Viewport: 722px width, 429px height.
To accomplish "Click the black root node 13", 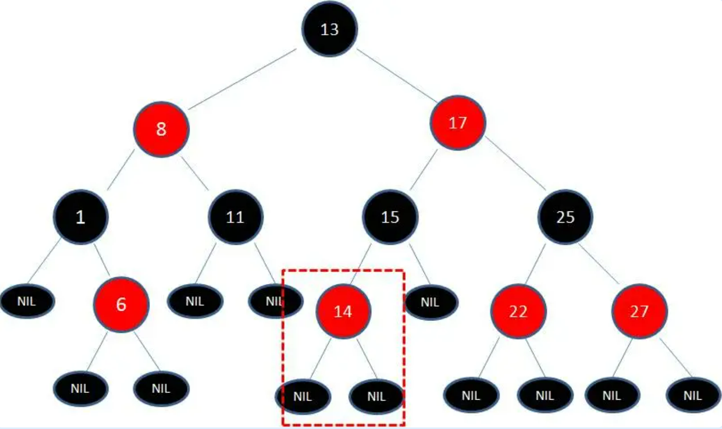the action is [x=330, y=29].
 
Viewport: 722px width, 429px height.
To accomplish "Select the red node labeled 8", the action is [x=161, y=129].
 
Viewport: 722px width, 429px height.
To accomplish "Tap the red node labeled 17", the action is [x=457, y=123].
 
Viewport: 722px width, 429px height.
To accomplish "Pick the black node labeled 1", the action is [x=81, y=217].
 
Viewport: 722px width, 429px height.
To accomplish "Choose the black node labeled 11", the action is [x=235, y=217].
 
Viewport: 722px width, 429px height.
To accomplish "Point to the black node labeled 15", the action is [x=390, y=217].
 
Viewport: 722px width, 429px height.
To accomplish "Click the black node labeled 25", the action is [x=565, y=217].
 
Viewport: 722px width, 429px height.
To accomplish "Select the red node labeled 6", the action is [x=121, y=304].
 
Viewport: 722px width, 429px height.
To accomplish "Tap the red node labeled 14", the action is [x=343, y=311].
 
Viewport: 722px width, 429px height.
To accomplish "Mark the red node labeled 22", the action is [x=518, y=311].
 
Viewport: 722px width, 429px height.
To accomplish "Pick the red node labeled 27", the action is [x=639, y=311].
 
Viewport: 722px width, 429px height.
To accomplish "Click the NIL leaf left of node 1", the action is [x=27, y=301].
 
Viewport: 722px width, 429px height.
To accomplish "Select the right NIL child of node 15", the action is [x=431, y=301].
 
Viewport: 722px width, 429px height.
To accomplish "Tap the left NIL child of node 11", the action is [x=195, y=301].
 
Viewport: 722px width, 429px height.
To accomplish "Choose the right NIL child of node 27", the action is [x=693, y=396].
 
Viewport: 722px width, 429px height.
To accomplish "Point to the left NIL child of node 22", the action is [x=471, y=396].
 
